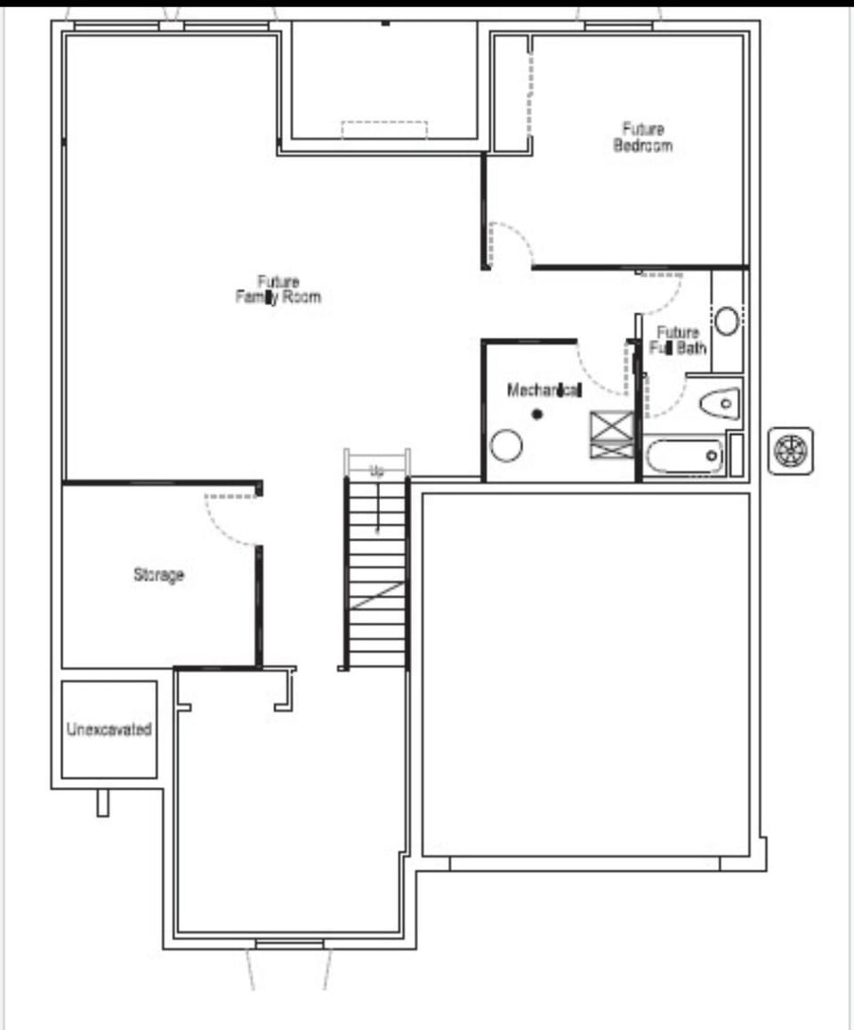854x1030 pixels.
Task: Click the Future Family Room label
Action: point(278,290)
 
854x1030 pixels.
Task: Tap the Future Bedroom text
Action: point(642,137)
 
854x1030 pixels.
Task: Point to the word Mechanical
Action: point(544,390)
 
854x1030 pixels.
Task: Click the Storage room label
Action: point(158,575)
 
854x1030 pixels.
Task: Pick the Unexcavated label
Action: point(109,729)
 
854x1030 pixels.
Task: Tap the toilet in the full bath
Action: point(720,405)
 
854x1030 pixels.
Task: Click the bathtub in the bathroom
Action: point(683,456)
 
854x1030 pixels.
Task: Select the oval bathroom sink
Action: point(727,321)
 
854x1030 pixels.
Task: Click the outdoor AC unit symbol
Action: point(790,450)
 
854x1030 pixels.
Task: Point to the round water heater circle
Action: point(505,445)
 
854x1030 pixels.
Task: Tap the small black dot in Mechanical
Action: point(536,414)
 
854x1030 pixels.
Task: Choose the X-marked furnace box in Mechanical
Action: point(612,435)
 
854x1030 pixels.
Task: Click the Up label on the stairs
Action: point(377,471)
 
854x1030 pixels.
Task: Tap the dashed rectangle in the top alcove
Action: point(384,130)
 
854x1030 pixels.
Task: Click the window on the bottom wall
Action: point(289,943)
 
